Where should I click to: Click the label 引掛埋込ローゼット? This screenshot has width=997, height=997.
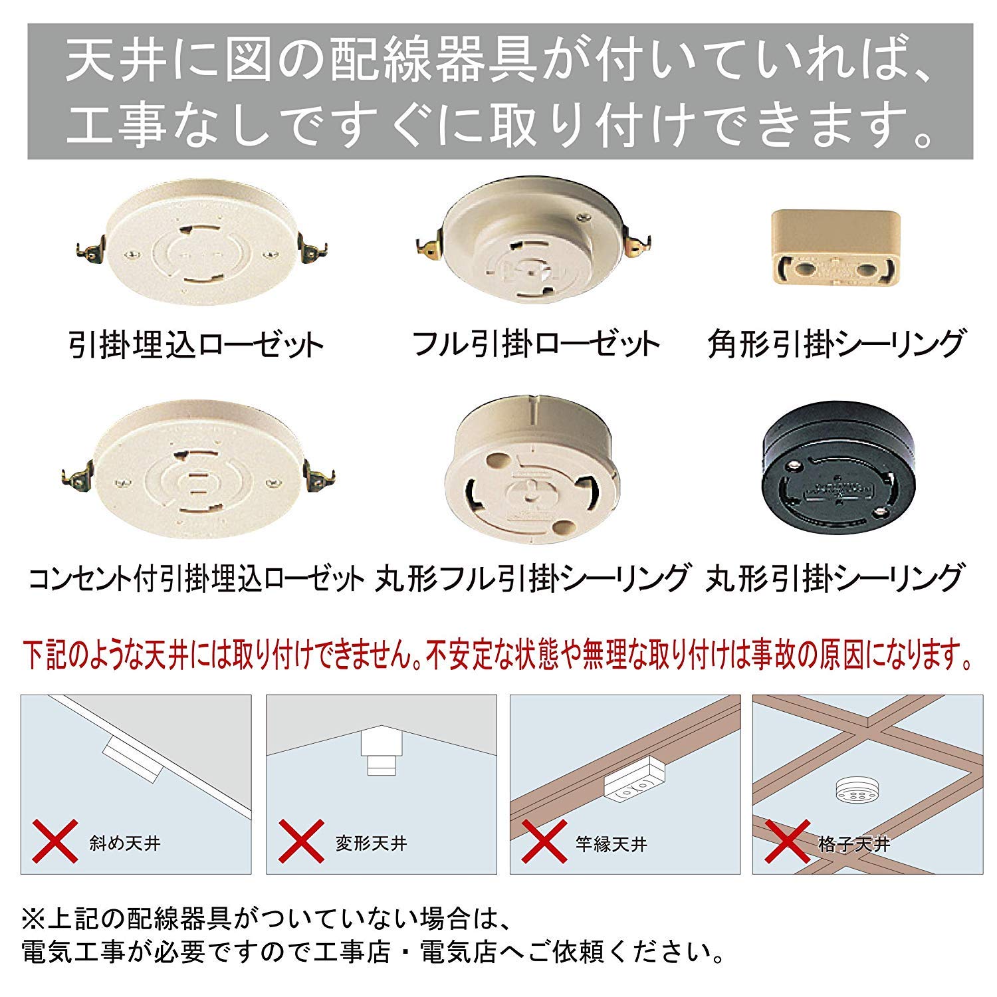tap(195, 344)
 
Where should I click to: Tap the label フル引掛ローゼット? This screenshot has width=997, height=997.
tap(536, 344)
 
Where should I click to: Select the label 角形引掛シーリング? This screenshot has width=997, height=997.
tap(835, 344)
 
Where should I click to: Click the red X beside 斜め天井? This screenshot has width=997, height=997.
tap(55, 842)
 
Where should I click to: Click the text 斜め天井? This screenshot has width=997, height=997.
tap(125, 844)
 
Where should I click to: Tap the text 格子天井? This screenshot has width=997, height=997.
tap(854, 844)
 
